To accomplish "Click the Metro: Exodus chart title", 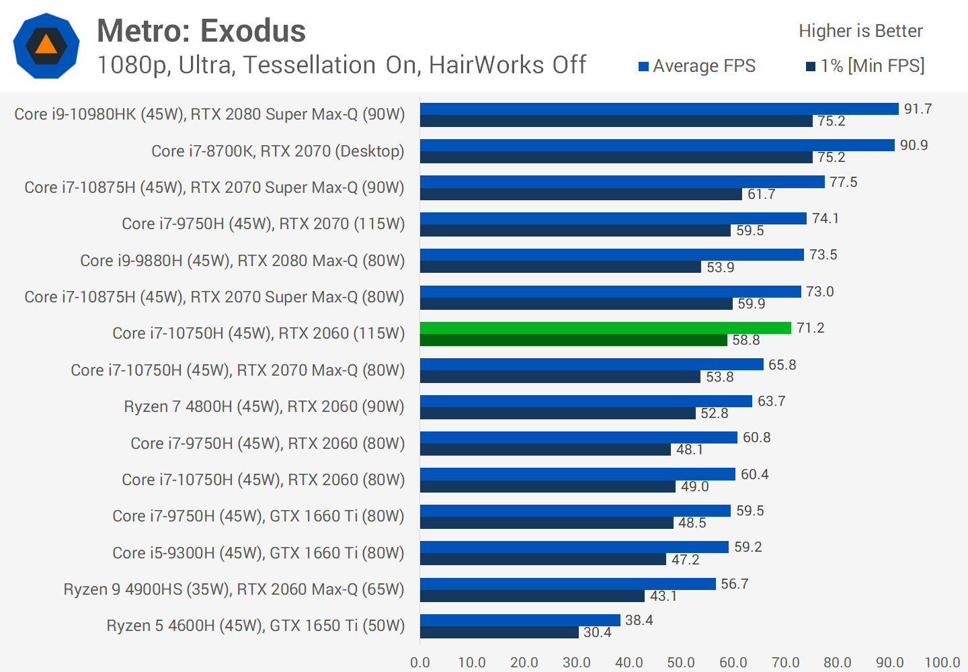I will (201, 31).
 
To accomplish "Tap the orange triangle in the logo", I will (46, 45).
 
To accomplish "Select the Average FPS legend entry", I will (697, 66).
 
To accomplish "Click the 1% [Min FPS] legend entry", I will (865, 66).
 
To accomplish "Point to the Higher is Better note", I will (860, 31).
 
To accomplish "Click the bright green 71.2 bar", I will (605, 328).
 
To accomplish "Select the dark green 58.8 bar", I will (573, 340).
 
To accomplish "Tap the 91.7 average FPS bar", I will (659, 109).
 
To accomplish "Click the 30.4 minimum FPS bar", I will (499, 632).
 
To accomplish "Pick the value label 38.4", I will (639, 620).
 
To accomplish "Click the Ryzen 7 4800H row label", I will (264, 407).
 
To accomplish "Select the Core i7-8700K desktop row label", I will (278, 151).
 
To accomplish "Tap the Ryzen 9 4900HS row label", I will (234, 589).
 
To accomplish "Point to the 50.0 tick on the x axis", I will (681, 663).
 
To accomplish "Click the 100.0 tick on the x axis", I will (942, 663).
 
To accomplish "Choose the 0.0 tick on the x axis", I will (420, 663).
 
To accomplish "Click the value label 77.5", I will (843, 182).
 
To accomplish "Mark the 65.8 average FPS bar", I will (592, 364).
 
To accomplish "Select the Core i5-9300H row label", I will (258, 553).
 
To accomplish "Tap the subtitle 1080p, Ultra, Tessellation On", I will (341, 65).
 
